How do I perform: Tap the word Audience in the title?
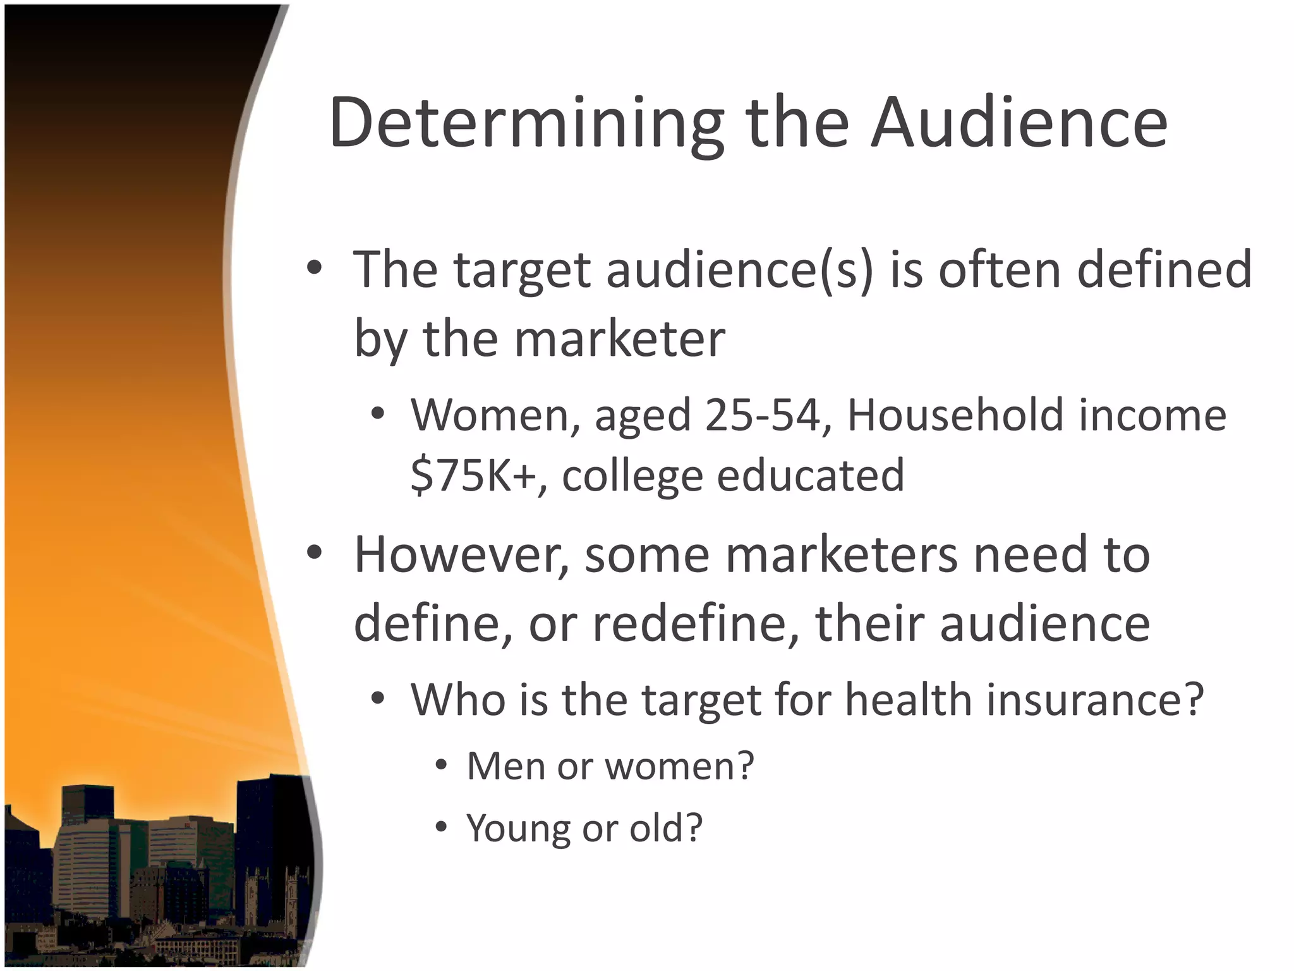(1019, 123)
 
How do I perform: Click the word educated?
(811, 475)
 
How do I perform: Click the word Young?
(517, 828)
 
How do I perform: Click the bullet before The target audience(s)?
(314, 269)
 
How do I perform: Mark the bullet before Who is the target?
(378, 699)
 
